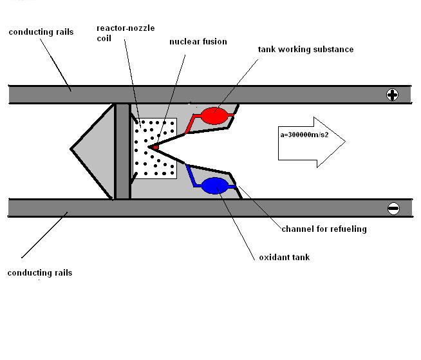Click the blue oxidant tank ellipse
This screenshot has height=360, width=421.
(214, 186)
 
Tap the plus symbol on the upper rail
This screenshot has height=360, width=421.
(392, 95)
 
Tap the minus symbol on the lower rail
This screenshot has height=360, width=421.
(393, 208)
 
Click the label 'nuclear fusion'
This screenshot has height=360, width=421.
(198, 42)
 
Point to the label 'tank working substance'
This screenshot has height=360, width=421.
(305, 49)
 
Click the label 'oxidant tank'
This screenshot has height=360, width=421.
(284, 258)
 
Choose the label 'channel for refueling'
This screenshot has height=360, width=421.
(324, 229)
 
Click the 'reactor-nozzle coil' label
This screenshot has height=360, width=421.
(126, 33)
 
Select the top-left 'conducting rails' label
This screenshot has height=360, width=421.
(40, 32)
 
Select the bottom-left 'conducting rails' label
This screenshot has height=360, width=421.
(40, 272)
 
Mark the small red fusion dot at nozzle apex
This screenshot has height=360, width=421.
(154, 147)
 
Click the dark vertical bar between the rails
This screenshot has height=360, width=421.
(122, 151)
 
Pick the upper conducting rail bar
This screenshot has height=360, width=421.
(193, 95)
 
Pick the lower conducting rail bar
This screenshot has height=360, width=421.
(193, 208)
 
